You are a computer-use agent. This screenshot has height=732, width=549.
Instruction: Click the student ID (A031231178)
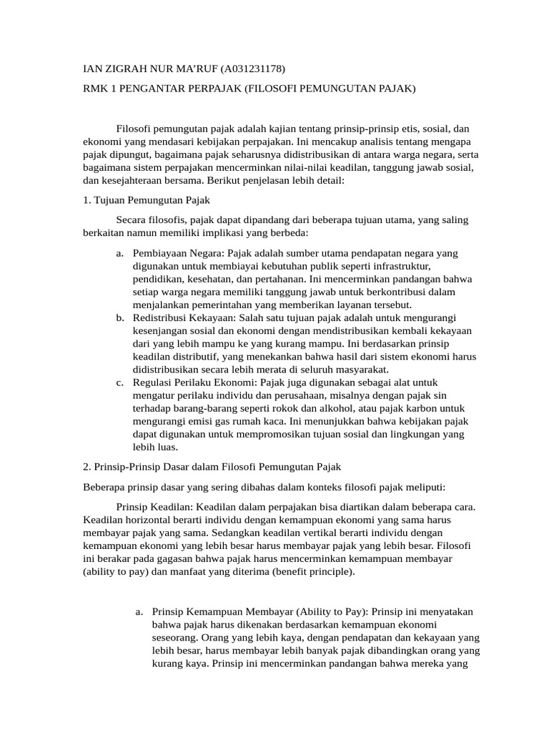252,69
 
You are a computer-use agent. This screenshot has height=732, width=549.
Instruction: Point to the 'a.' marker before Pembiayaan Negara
119,254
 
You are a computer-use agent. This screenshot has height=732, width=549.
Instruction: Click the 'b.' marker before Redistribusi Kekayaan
119,317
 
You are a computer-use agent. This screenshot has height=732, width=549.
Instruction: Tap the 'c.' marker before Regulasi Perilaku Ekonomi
119,382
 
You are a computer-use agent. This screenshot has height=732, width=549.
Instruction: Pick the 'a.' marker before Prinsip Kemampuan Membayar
139,612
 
